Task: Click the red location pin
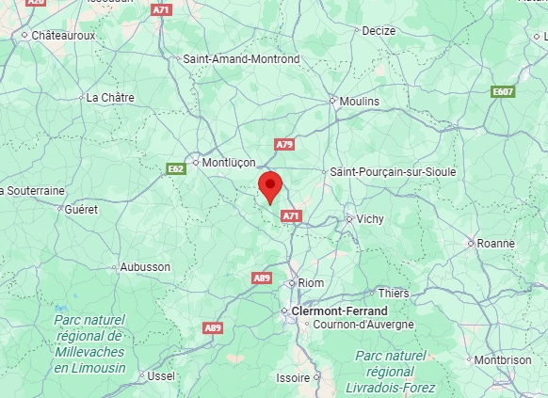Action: click(x=270, y=186)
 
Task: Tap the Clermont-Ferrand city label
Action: click(x=340, y=310)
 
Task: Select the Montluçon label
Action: click(x=230, y=162)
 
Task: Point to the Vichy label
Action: click(x=370, y=219)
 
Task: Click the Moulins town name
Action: click(x=360, y=101)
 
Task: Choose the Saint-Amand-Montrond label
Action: click(x=241, y=58)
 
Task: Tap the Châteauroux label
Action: click(x=64, y=35)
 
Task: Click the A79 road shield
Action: click(x=284, y=144)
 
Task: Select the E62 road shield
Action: click(x=175, y=168)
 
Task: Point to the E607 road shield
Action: click(x=503, y=91)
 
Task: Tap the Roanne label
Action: click(x=496, y=243)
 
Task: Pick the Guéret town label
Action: click(x=81, y=209)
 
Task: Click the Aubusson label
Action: click(x=145, y=266)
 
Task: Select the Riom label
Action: click(x=311, y=282)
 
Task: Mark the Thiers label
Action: click(x=395, y=294)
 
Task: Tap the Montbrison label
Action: click(x=503, y=359)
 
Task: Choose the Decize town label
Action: click(x=379, y=31)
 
